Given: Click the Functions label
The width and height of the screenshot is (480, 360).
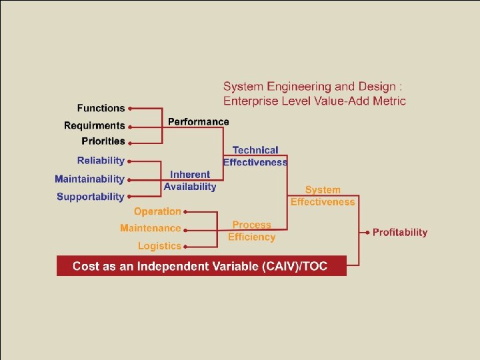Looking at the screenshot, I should point(101,108).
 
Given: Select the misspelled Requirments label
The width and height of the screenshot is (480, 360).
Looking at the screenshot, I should point(94,125).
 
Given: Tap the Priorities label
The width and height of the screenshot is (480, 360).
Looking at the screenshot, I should point(103,141).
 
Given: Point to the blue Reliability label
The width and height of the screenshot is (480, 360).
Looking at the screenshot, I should point(101,161).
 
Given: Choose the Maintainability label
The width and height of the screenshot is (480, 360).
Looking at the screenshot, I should point(89,179).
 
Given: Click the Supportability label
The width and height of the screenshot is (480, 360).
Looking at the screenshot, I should point(90,197).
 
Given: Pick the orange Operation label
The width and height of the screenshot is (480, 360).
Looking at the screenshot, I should point(157,211).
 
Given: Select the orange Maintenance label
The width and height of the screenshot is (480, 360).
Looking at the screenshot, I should point(150,229).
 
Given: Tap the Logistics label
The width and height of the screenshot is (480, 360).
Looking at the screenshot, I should point(159,246).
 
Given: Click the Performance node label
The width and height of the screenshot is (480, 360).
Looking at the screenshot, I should point(198,122).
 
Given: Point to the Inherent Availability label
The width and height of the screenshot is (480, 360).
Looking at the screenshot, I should point(190,181).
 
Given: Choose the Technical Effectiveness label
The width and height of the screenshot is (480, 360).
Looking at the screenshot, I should point(255,156).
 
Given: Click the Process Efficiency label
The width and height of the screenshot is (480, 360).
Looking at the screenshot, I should point(251,231).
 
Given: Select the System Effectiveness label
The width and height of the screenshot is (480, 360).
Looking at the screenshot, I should point(323,196).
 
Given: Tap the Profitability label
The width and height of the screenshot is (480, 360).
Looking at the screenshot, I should point(400,233).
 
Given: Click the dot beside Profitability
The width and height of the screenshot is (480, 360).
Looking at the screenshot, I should point(367,233).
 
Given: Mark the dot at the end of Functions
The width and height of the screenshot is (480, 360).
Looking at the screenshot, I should point(130,108).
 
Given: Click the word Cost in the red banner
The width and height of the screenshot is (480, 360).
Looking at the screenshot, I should point(85,266).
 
